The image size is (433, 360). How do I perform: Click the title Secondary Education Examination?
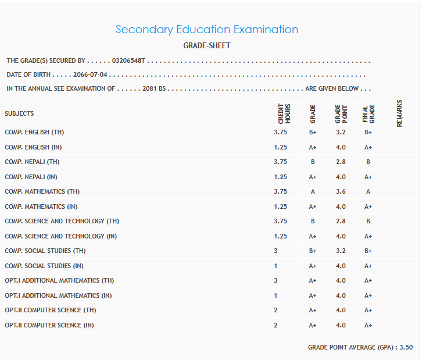coord(207,30)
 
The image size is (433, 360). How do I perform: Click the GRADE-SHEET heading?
coord(207,46)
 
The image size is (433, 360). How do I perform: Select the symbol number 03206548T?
coord(128,60)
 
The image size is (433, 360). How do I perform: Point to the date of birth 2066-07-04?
coord(91,75)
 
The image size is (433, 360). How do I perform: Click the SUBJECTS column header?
coord(19,113)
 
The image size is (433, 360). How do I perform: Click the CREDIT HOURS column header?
coord(284,113)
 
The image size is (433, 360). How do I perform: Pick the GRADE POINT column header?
coord(341,113)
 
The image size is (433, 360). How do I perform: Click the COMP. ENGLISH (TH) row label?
coord(33,132)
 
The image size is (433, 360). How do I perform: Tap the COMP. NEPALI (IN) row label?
coord(31,177)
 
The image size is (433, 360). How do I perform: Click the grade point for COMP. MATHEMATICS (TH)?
coord(341,191)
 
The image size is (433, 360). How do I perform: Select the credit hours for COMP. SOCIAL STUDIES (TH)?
coord(276,251)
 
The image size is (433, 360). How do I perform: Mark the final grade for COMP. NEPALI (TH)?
coord(368,162)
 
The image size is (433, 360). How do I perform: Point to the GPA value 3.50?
coord(406,347)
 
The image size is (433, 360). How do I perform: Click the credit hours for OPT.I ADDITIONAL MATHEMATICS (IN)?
coord(276,295)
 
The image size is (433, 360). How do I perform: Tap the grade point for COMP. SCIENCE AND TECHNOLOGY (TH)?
coord(341,221)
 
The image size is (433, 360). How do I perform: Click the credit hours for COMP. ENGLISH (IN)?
coord(280,147)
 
